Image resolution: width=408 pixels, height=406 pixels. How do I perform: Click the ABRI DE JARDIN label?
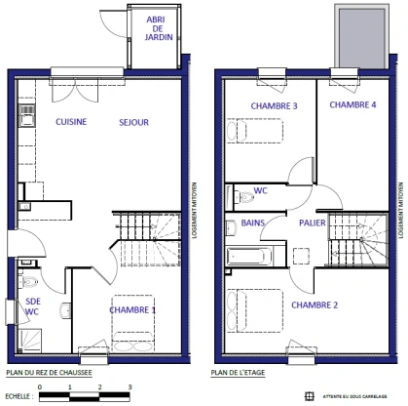point(154,29)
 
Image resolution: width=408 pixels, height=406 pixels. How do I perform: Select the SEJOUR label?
point(133,122)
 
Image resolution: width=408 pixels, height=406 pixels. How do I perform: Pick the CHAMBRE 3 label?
point(274,105)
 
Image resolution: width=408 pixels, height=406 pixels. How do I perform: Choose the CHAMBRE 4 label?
point(352,104)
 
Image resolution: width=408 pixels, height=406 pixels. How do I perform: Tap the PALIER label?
point(313,223)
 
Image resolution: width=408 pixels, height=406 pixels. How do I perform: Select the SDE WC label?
point(32,305)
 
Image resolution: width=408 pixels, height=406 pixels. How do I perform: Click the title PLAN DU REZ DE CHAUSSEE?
point(49,372)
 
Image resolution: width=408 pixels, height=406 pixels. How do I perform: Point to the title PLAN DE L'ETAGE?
point(239,372)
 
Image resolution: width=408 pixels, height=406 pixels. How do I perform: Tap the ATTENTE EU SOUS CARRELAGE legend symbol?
point(310,395)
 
